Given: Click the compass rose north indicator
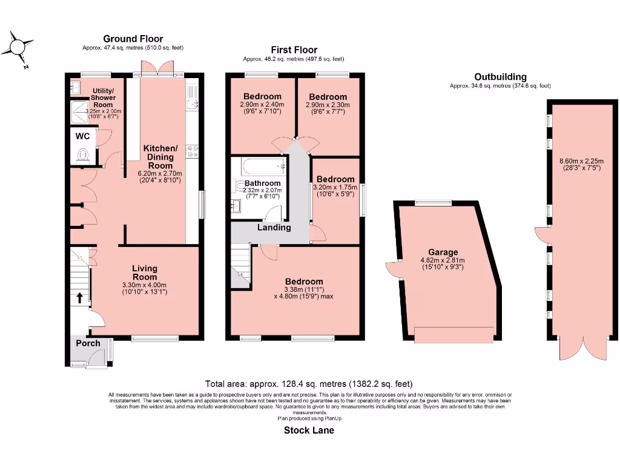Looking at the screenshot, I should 19,48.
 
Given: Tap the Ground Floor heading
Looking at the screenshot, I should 133,39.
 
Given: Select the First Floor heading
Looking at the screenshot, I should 294,50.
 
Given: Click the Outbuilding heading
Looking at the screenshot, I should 500,77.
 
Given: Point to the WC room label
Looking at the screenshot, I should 82,136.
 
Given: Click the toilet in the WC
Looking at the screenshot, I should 84,155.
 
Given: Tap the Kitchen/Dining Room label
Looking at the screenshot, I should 160,157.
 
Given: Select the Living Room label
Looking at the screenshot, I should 145,272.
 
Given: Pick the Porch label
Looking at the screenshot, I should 88,343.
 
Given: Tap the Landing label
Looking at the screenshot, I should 274,228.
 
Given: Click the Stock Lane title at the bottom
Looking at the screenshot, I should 309,430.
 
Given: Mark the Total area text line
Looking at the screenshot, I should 309,384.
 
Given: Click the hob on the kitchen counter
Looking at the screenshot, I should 193,151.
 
